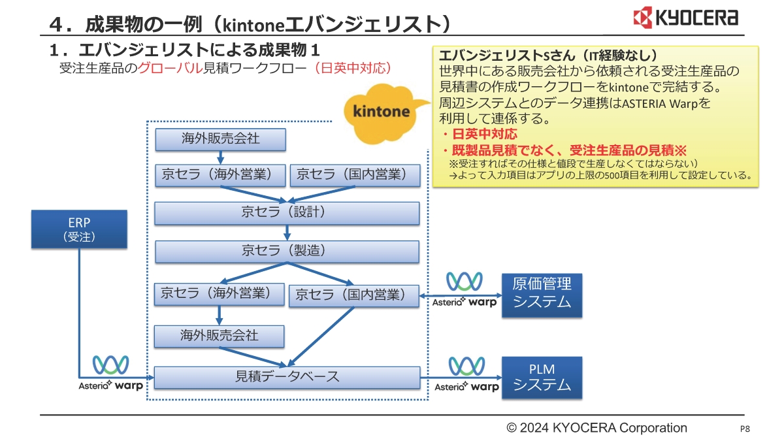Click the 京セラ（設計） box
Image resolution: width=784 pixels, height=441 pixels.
pyautogui.click(x=287, y=213)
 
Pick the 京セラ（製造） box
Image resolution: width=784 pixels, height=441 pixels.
pyautogui.click(x=287, y=252)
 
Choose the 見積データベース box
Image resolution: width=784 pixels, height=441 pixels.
pyautogui.click(x=287, y=377)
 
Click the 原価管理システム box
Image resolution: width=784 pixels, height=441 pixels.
pyautogui.click(x=541, y=295)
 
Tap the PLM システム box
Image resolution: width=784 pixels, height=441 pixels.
pyautogui.click(x=541, y=378)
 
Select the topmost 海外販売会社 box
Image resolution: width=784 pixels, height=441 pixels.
pyautogui.click(x=220, y=139)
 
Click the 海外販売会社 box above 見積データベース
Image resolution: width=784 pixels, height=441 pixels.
pyautogui.click(x=219, y=336)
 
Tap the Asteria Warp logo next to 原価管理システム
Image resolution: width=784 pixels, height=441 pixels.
pyautogui.click(x=465, y=290)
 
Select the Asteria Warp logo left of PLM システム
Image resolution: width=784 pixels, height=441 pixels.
pyautogui.click(x=466, y=375)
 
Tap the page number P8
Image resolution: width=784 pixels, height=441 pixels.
pyautogui.click(x=744, y=429)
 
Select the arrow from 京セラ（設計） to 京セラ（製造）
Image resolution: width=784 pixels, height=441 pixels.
pyautogui.click(x=287, y=233)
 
